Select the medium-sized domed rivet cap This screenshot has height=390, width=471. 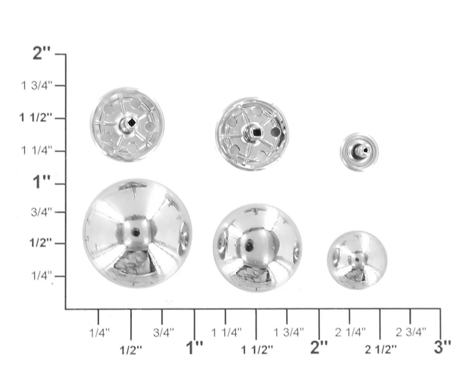point(257,248)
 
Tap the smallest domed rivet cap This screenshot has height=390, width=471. point(357,260)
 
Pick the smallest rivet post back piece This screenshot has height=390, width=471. point(359,152)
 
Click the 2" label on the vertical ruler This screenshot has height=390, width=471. point(42,54)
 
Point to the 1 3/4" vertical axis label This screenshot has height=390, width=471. point(36,86)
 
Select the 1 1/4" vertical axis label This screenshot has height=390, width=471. point(36,150)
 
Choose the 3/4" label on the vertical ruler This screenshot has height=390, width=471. point(42,212)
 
